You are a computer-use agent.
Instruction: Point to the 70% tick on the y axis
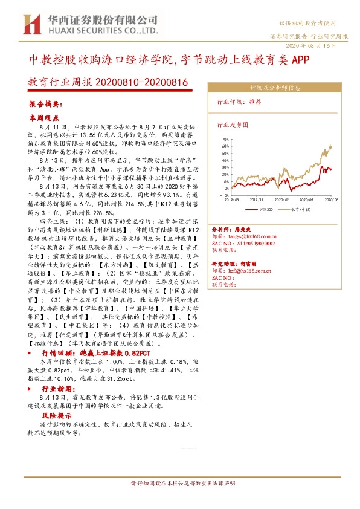tap(225, 139)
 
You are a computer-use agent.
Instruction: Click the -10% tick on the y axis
tap(224, 196)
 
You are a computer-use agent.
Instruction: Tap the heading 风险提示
tap(56, 417)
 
